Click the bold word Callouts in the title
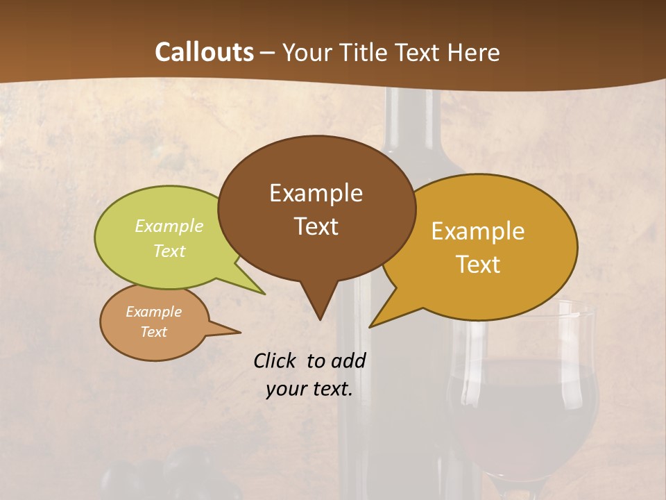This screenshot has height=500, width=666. point(204,52)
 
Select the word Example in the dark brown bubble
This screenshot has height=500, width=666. point(316,193)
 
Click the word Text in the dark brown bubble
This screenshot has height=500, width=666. point(316,226)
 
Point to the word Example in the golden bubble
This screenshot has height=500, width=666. point(478,231)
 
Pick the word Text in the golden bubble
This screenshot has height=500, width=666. point(478,265)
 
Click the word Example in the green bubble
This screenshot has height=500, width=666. point(169,226)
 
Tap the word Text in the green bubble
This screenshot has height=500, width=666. point(169,251)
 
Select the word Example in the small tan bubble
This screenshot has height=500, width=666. point(153,312)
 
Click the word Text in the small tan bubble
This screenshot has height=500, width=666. point(153,332)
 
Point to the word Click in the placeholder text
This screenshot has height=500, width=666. point(277,360)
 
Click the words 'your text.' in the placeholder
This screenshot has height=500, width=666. point(309,389)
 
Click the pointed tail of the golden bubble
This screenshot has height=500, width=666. point(378,320)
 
